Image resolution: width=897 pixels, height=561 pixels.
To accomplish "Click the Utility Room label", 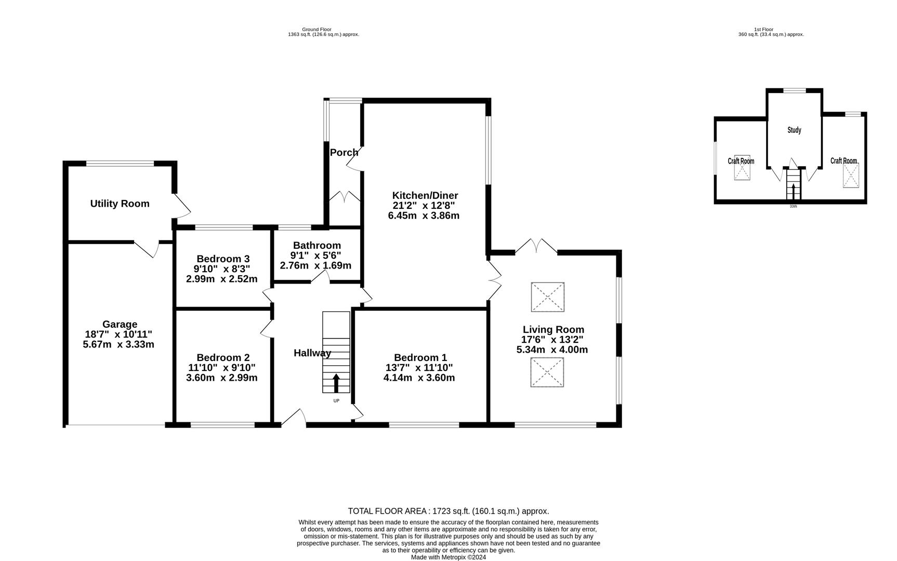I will click(120, 204).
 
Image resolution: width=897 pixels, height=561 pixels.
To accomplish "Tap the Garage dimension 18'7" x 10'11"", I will click(118, 335).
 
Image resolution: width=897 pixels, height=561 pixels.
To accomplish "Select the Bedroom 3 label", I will click(223, 259).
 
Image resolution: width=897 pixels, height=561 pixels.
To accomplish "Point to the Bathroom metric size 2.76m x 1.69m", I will click(315, 265).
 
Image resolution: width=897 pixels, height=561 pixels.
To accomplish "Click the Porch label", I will click(344, 153).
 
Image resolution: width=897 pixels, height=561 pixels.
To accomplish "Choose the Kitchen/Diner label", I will click(425, 196).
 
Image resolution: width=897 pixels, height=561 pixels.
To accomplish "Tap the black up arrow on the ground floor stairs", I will click(336, 383).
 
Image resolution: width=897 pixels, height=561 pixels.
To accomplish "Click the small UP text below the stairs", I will click(336, 401).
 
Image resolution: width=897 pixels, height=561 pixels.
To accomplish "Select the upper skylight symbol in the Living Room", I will click(547, 297).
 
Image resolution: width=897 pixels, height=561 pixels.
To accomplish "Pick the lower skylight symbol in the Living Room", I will click(547, 372).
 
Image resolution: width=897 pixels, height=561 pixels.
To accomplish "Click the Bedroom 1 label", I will click(420, 357).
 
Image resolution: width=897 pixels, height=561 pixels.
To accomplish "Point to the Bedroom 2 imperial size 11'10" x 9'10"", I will click(222, 368).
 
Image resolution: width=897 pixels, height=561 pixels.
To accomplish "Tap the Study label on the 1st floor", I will click(794, 130).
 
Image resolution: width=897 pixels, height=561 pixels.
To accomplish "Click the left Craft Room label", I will click(741, 161).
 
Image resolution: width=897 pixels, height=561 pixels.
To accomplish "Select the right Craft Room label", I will click(843, 161).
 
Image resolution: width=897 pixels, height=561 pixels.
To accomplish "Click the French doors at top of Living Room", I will click(536, 246).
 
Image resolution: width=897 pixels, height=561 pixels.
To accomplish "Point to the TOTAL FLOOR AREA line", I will click(448, 511).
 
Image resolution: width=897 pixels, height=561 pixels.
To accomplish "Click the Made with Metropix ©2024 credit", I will click(448, 557).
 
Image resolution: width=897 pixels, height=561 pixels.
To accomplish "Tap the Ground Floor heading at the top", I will click(316, 30).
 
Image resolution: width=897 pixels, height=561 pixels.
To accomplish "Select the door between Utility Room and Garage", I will click(147, 248).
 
